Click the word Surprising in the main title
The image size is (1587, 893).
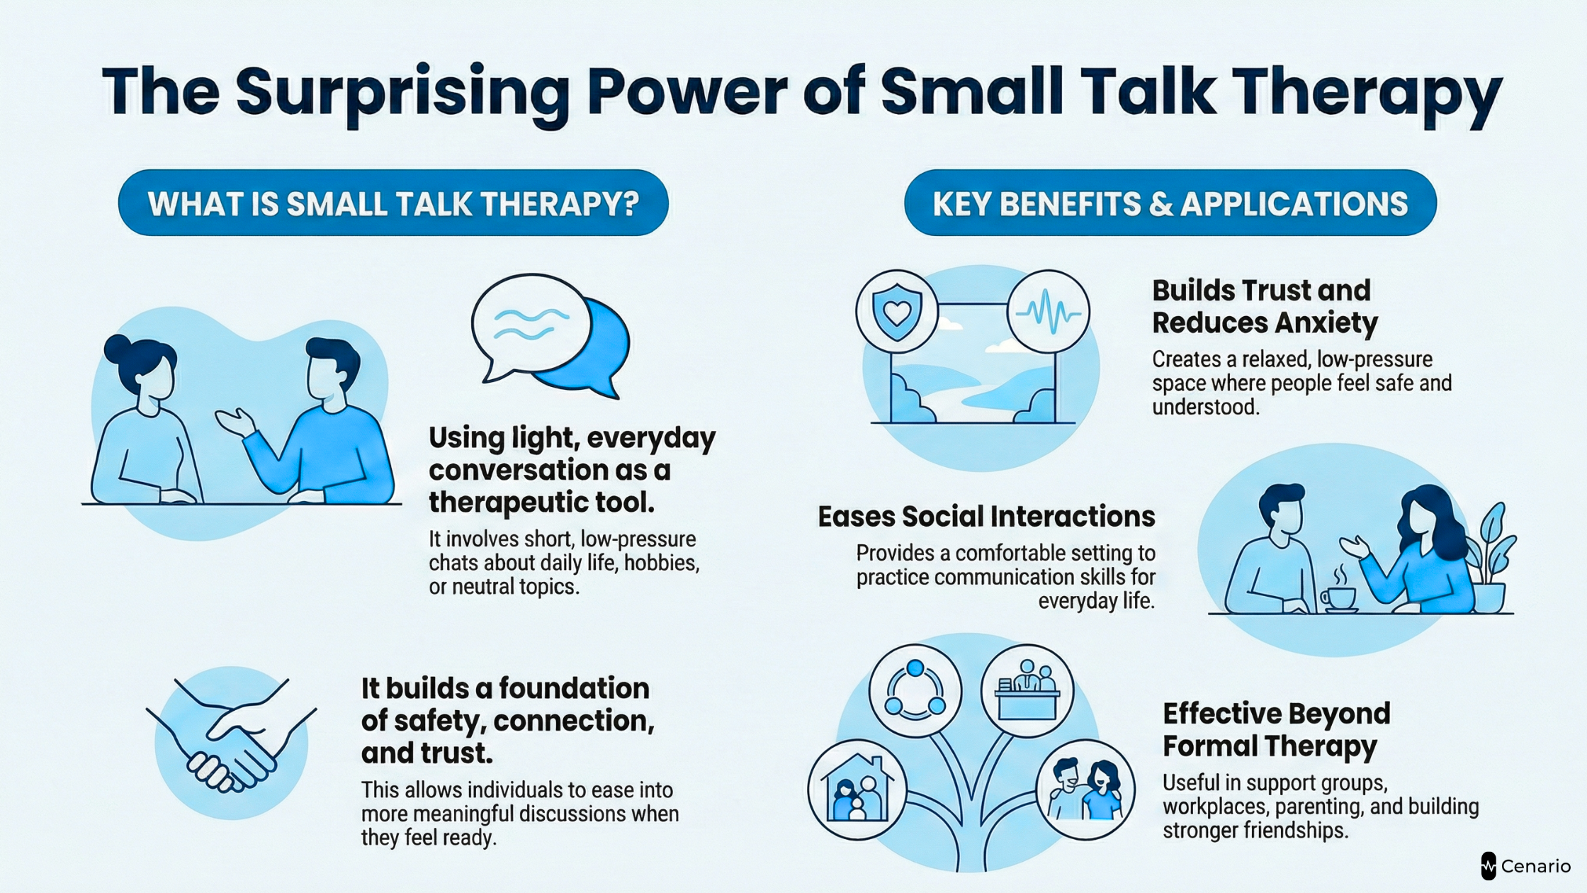(403, 92)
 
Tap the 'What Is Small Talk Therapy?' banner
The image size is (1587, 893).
(393, 203)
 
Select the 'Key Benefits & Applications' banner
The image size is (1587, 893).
(1170, 203)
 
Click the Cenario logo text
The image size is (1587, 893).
(1535, 866)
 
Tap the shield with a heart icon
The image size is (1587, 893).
(897, 311)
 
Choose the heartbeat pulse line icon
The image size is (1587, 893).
(1049, 312)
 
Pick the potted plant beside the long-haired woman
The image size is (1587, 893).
(1491, 560)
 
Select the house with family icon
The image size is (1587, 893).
(857, 790)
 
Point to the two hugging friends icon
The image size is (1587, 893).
(1085, 790)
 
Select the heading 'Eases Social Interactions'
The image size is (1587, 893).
(986, 517)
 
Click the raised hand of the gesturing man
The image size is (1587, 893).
(237, 421)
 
